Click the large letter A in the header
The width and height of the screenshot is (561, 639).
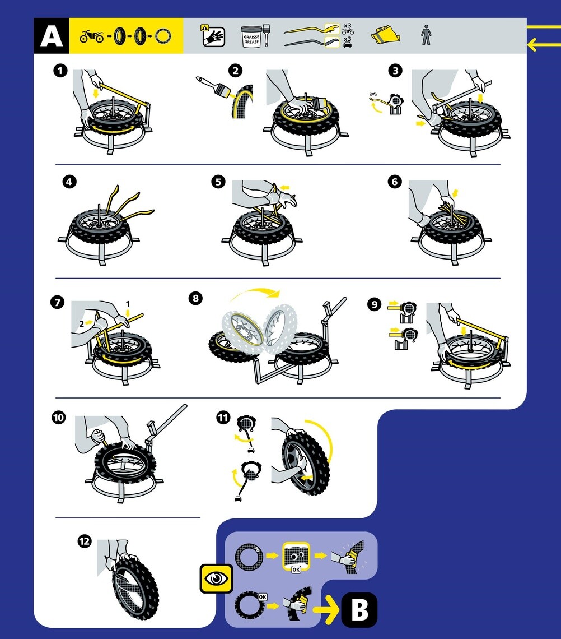coord(51,36)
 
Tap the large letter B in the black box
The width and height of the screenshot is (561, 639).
coord(359,610)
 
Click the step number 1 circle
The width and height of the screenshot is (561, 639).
coord(59,71)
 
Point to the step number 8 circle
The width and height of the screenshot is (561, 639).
coord(195,298)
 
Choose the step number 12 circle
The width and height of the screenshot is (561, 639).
coord(84,541)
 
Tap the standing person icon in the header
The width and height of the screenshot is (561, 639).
coord(425,36)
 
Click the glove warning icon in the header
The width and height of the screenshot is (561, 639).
coord(213,36)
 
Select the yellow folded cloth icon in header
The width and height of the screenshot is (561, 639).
coord(386,36)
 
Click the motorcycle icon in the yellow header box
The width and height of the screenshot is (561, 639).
coord(91,37)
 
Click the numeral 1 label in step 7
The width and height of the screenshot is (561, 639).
coord(128,304)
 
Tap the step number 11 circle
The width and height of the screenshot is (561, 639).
coord(223,417)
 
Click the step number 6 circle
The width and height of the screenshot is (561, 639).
coord(395,182)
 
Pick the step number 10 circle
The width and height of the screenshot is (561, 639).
coord(58,417)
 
